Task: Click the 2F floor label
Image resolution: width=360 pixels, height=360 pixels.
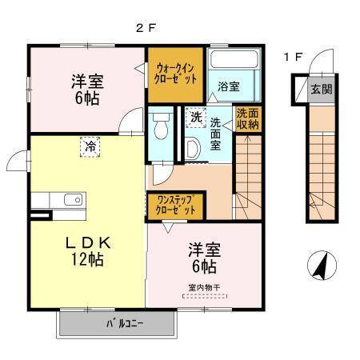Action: [x=146, y=28]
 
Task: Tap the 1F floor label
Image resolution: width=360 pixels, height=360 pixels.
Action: [x=294, y=57]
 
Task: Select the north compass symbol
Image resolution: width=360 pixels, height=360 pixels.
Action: [x=322, y=265]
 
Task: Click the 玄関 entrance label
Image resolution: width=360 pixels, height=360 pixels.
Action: [x=322, y=89]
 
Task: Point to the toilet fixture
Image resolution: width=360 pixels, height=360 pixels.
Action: [x=160, y=126]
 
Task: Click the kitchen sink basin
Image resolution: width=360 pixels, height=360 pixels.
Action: [x=73, y=200]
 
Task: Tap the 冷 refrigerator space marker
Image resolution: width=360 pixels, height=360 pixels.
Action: [x=90, y=147]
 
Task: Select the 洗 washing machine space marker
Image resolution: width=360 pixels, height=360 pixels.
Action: [x=196, y=118]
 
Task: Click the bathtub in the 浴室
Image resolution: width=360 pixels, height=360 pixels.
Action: [x=234, y=59]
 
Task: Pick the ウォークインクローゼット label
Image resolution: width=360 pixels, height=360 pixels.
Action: [x=176, y=74]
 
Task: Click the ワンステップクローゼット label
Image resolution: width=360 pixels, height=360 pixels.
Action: [x=175, y=205]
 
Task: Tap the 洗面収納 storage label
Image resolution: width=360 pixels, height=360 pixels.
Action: [x=248, y=119]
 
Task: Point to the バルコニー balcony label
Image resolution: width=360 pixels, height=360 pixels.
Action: [x=125, y=324]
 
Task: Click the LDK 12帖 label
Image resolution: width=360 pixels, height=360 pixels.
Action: [x=88, y=251]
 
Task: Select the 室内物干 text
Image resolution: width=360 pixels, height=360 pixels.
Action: [x=204, y=288]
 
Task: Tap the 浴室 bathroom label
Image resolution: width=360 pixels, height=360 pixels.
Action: [x=229, y=86]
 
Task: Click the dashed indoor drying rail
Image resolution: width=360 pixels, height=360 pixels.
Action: [x=205, y=296]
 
